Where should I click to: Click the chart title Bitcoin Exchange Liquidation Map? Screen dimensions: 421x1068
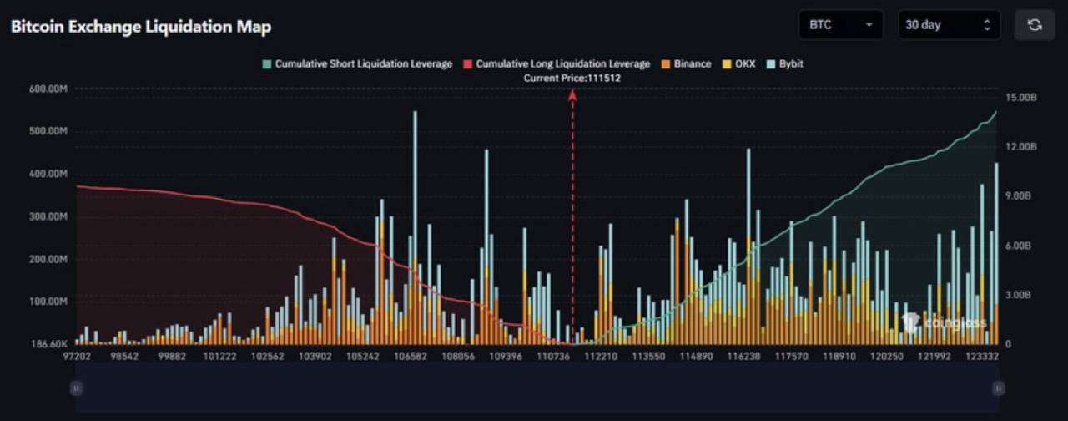point(140,26)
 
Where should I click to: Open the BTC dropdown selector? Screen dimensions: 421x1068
point(840,25)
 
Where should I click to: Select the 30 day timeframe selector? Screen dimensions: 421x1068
point(949,25)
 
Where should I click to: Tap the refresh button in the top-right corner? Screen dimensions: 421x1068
point(1035,25)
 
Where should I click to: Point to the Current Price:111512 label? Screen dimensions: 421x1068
point(572,78)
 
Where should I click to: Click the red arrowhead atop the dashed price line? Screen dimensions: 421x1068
point(572,95)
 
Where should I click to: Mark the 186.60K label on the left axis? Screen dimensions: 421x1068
point(48,344)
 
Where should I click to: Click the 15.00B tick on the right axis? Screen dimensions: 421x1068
point(1021,98)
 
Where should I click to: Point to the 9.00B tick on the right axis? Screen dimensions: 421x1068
point(1020,195)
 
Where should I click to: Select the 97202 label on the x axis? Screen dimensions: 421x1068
point(78,356)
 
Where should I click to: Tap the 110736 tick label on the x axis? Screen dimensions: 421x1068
point(554,356)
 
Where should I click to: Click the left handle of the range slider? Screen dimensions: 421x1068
point(77,388)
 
